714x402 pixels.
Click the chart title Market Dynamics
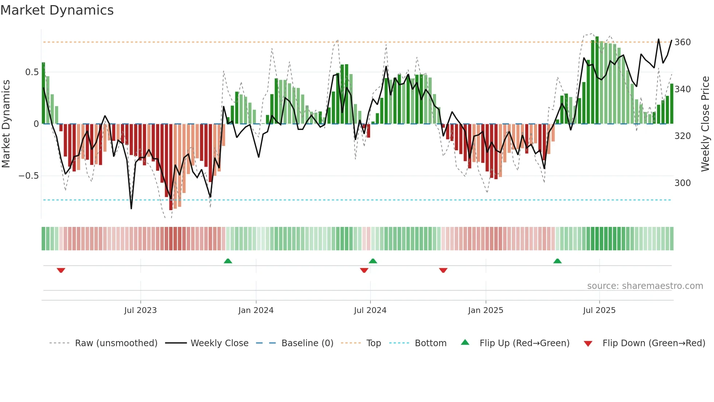57,10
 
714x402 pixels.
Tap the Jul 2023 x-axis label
140,310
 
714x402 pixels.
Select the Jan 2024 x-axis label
256,310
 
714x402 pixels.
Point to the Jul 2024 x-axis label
370,310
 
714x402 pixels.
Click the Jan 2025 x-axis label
486,310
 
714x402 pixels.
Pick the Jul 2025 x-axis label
599,310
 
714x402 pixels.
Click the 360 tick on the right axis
682,42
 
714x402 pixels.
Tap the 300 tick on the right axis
682,183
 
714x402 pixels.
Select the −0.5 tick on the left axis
28,176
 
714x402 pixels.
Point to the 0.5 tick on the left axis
32,72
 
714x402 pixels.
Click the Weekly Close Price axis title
705,124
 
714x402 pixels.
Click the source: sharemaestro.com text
645,286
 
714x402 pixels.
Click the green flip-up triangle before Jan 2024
228,261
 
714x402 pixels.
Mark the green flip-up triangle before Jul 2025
557,261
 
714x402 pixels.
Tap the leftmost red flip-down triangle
61,270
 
